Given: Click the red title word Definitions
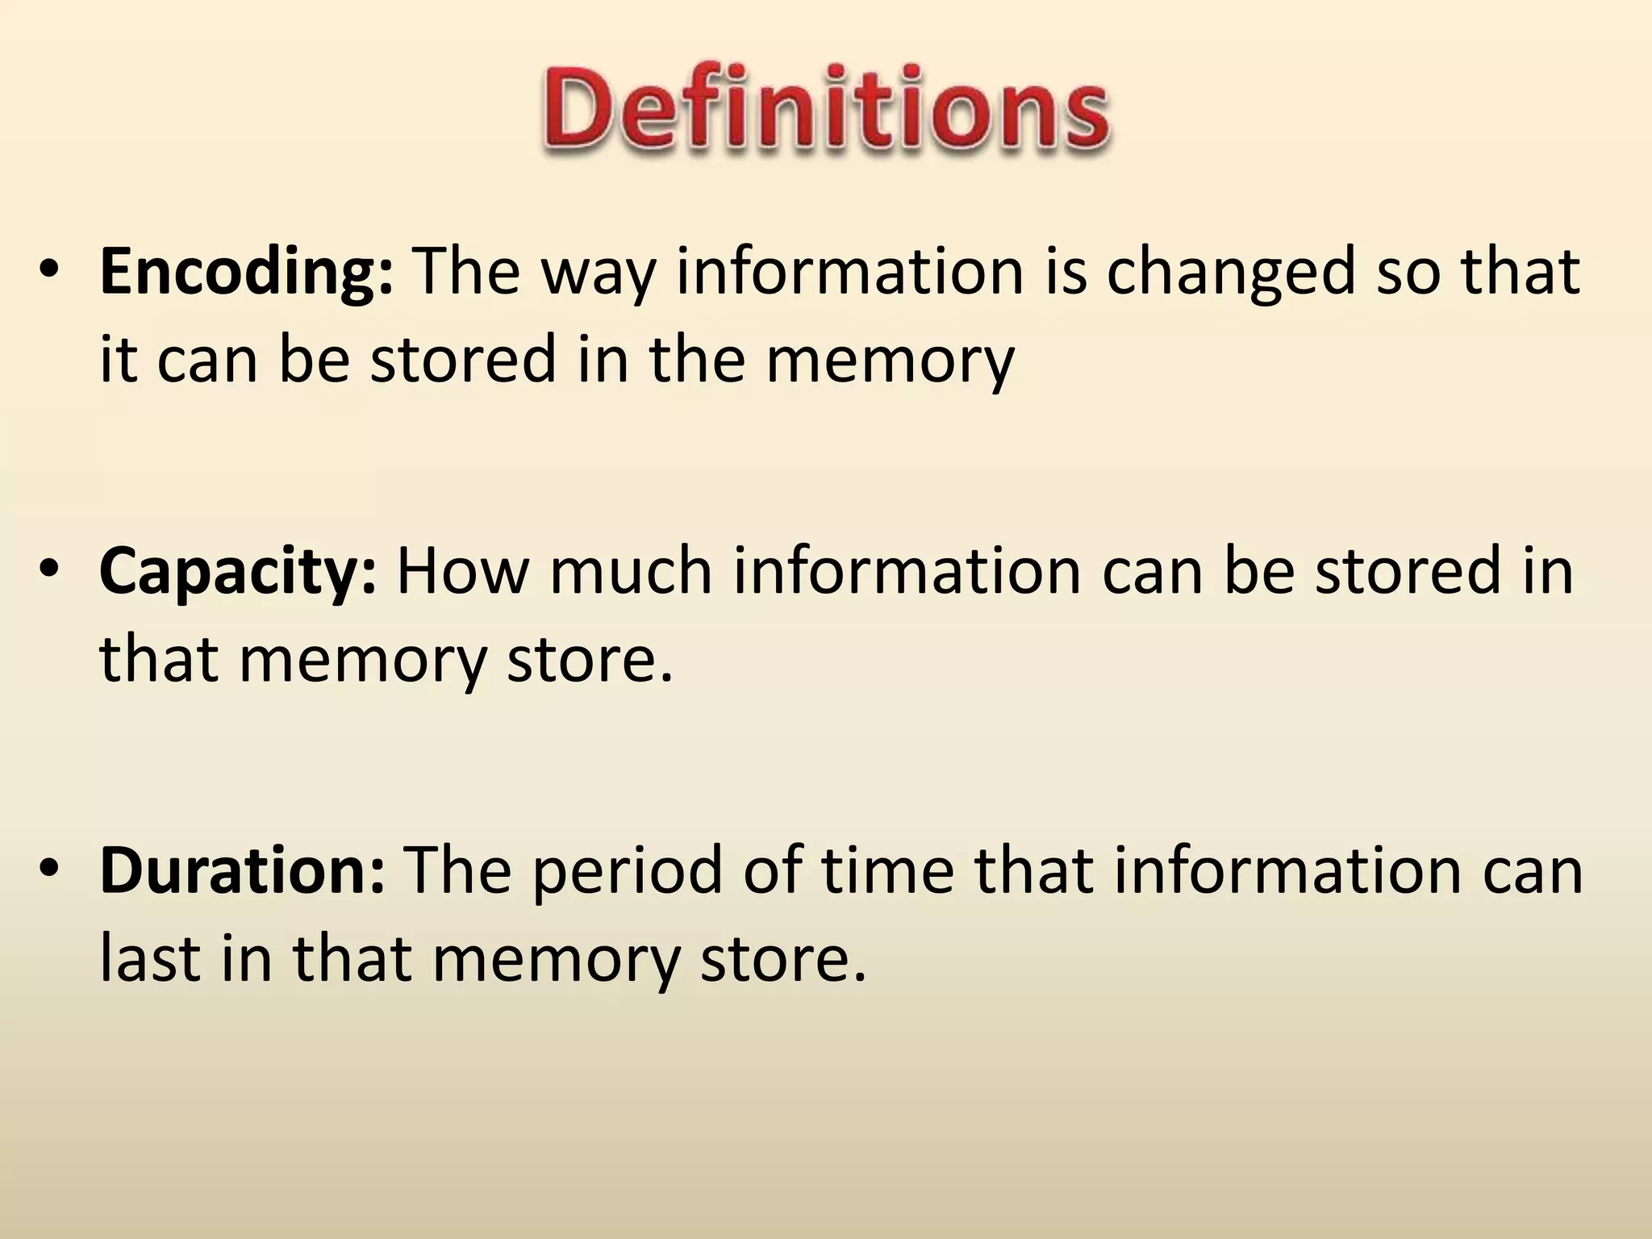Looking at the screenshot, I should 824,110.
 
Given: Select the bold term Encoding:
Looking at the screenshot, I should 246,273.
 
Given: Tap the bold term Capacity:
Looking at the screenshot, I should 237,573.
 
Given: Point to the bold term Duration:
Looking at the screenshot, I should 242,871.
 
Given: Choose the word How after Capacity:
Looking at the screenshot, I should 462,573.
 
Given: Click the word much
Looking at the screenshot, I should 632,573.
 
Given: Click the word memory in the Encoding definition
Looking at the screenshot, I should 889,361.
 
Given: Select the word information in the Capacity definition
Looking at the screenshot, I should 907,573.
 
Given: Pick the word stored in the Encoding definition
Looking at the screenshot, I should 464,360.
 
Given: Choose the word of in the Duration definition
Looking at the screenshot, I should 772,871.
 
